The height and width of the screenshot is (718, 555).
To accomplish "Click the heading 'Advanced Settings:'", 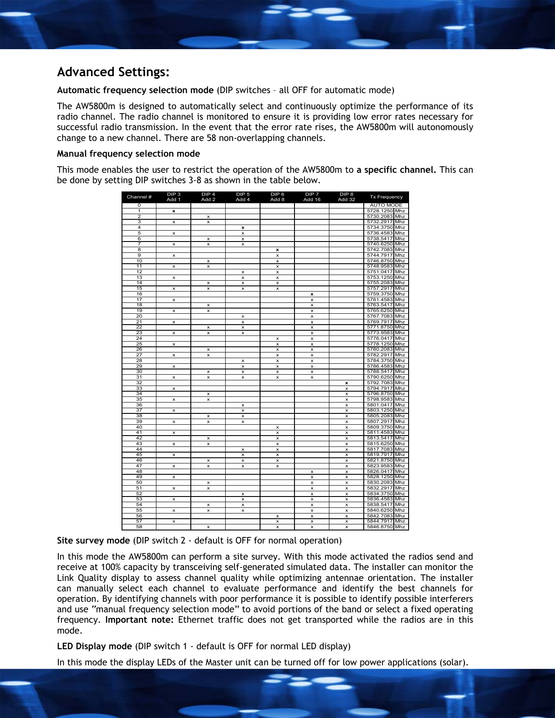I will point(113,72).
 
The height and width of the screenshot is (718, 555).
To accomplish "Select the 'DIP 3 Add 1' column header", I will point(173,197).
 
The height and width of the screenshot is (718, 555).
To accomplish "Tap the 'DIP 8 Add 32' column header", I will point(346,197).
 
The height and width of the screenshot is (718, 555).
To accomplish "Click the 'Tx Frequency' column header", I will point(386,197).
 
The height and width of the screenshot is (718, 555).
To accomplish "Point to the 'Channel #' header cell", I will point(139,197).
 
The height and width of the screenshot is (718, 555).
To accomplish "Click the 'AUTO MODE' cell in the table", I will point(386,205).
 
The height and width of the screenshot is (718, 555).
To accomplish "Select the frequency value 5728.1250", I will point(380,211).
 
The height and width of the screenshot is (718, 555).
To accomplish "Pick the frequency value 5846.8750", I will point(380,527).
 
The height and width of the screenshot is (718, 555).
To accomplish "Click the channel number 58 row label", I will point(139,527).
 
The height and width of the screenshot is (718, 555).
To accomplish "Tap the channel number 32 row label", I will point(139,383).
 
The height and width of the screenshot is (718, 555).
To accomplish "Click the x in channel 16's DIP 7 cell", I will point(312,294).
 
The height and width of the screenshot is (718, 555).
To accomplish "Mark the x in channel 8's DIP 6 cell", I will point(277,250).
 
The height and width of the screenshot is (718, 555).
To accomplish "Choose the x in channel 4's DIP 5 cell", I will point(243,228).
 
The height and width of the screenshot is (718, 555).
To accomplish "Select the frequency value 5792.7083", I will point(380,383).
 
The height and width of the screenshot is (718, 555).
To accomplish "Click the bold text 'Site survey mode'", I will point(93,541).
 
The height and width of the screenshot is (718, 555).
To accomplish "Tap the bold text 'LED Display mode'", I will point(94,647).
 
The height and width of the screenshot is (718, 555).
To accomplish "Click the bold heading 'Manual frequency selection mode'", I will point(128,154).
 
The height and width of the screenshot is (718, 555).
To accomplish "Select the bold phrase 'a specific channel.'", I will point(396,170).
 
